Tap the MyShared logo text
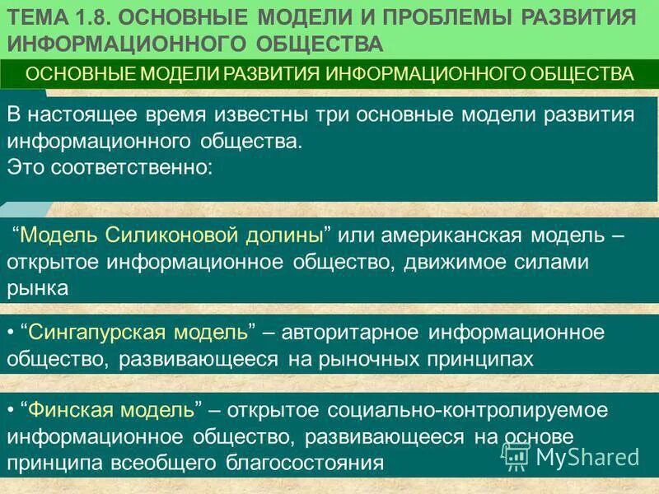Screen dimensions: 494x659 tap(587, 455)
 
